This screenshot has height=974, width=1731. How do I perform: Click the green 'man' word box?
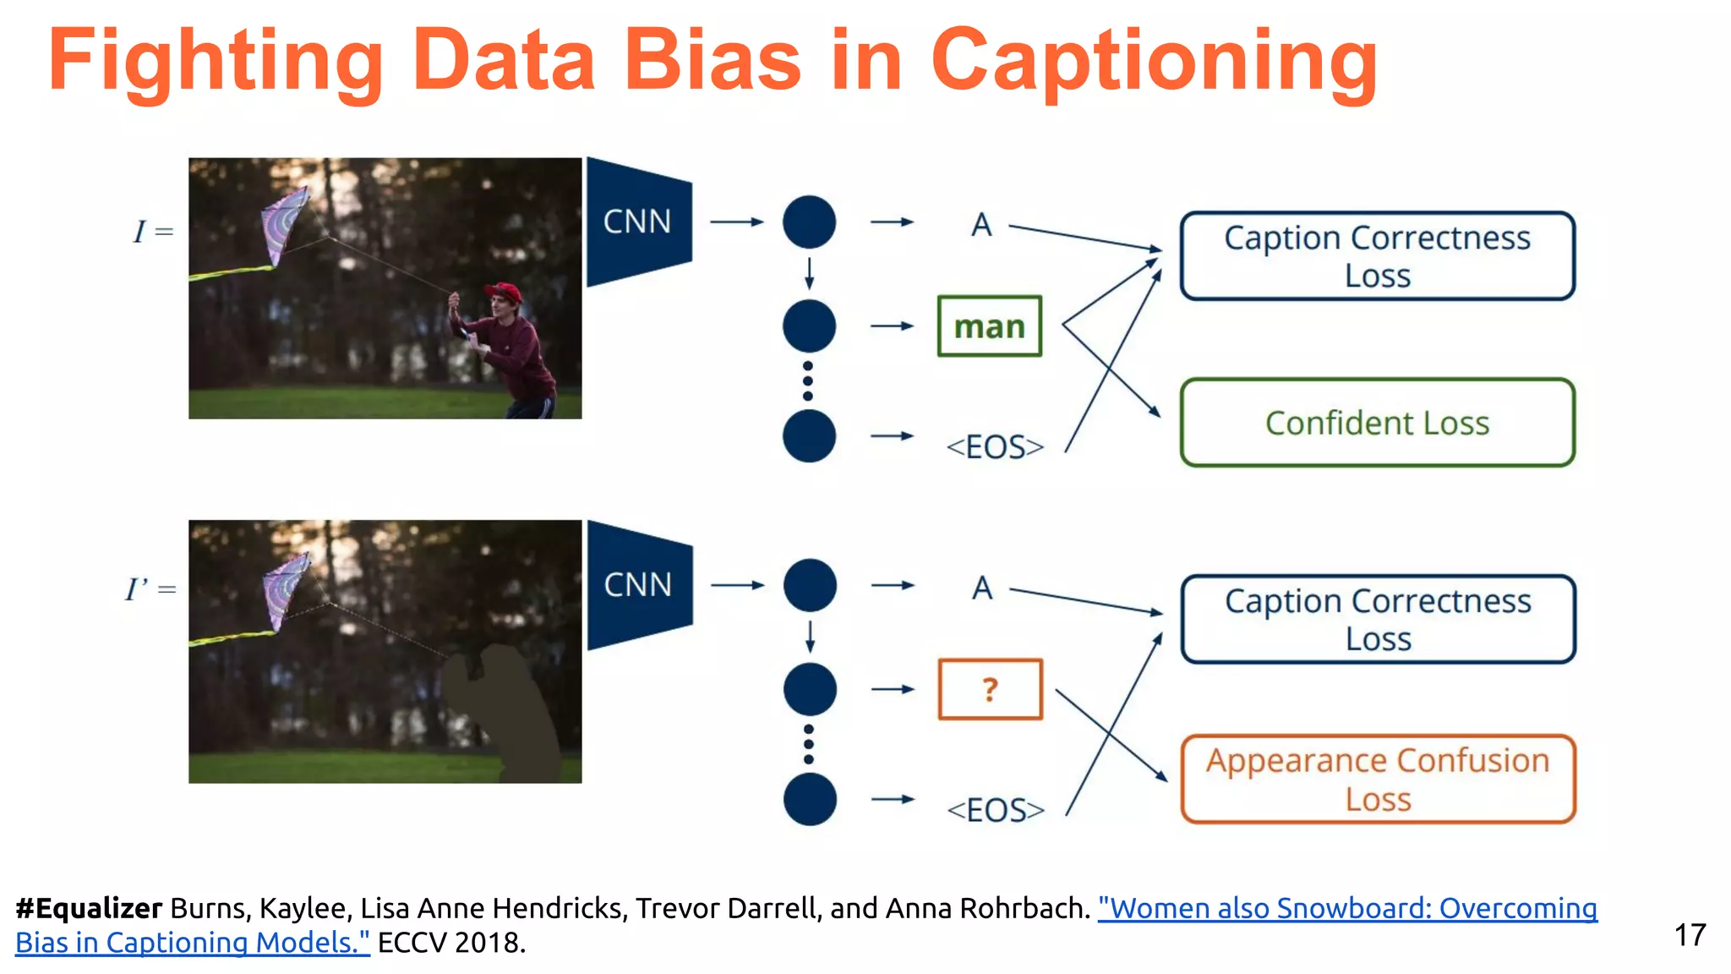(x=989, y=326)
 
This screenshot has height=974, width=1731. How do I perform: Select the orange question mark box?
(x=990, y=689)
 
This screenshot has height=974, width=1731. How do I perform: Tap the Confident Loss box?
(x=1377, y=423)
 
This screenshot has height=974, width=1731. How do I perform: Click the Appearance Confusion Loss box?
(x=1378, y=779)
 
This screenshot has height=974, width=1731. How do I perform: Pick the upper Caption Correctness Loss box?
(x=1377, y=256)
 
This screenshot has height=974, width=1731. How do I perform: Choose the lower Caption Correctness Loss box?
(x=1378, y=619)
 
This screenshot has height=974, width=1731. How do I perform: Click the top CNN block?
(x=637, y=222)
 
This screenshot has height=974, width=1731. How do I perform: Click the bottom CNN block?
(x=638, y=584)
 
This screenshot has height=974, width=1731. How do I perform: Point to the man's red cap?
(x=505, y=293)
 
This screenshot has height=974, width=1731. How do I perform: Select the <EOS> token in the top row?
(x=995, y=446)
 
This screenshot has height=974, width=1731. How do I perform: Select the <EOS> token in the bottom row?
(x=996, y=810)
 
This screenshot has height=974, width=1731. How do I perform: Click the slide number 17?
(x=1690, y=935)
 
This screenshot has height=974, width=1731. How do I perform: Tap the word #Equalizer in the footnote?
(x=89, y=908)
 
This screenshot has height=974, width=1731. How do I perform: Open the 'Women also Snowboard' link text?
(x=1346, y=908)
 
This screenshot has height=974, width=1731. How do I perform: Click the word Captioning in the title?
(x=1154, y=61)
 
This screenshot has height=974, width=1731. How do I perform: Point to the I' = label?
(x=150, y=588)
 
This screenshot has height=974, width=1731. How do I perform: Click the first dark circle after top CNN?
(x=809, y=222)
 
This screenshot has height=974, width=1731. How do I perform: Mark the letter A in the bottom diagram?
(x=981, y=588)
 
